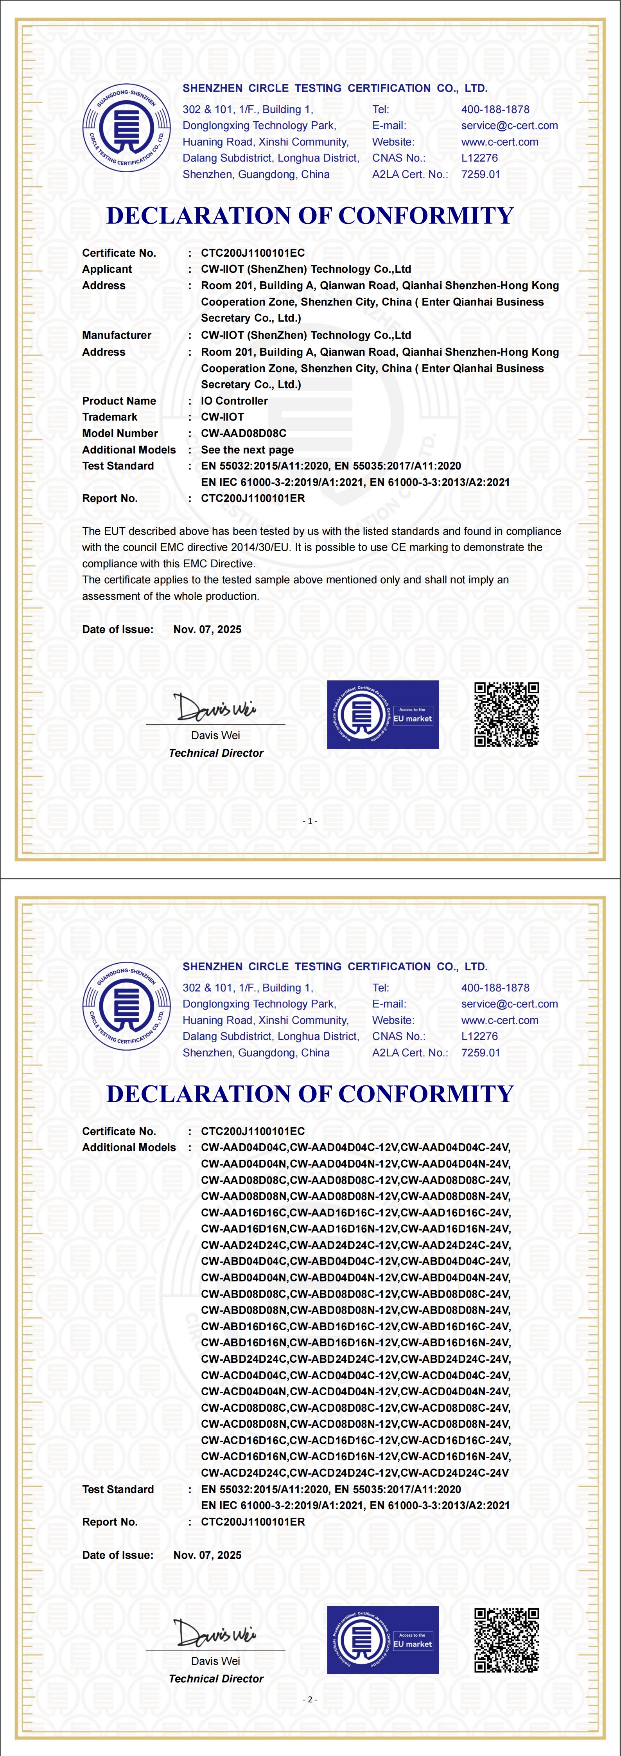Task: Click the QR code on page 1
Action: pyautogui.click(x=506, y=714)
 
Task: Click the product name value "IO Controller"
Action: pyautogui.click(x=234, y=401)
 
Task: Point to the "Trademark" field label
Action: pyautogui.click(x=110, y=417)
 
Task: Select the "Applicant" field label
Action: pyautogui.click(x=107, y=269)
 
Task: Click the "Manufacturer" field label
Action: pyautogui.click(x=117, y=335)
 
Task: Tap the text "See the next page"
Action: pyautogui.click(x=247, y=450)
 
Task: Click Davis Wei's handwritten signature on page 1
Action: pyautogui.click(x=214, y=707)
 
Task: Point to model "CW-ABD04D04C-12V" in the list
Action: pyautogui.click(x=344, y=1261)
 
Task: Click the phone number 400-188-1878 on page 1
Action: pyautogui.click(x=495, y=109)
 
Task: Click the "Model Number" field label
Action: pyautogui.click(x=120, y=434)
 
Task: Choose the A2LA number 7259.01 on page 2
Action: pyautogui.click(x=481, y=1053)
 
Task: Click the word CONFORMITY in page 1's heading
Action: pyautogui.click(x=426, y=216)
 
